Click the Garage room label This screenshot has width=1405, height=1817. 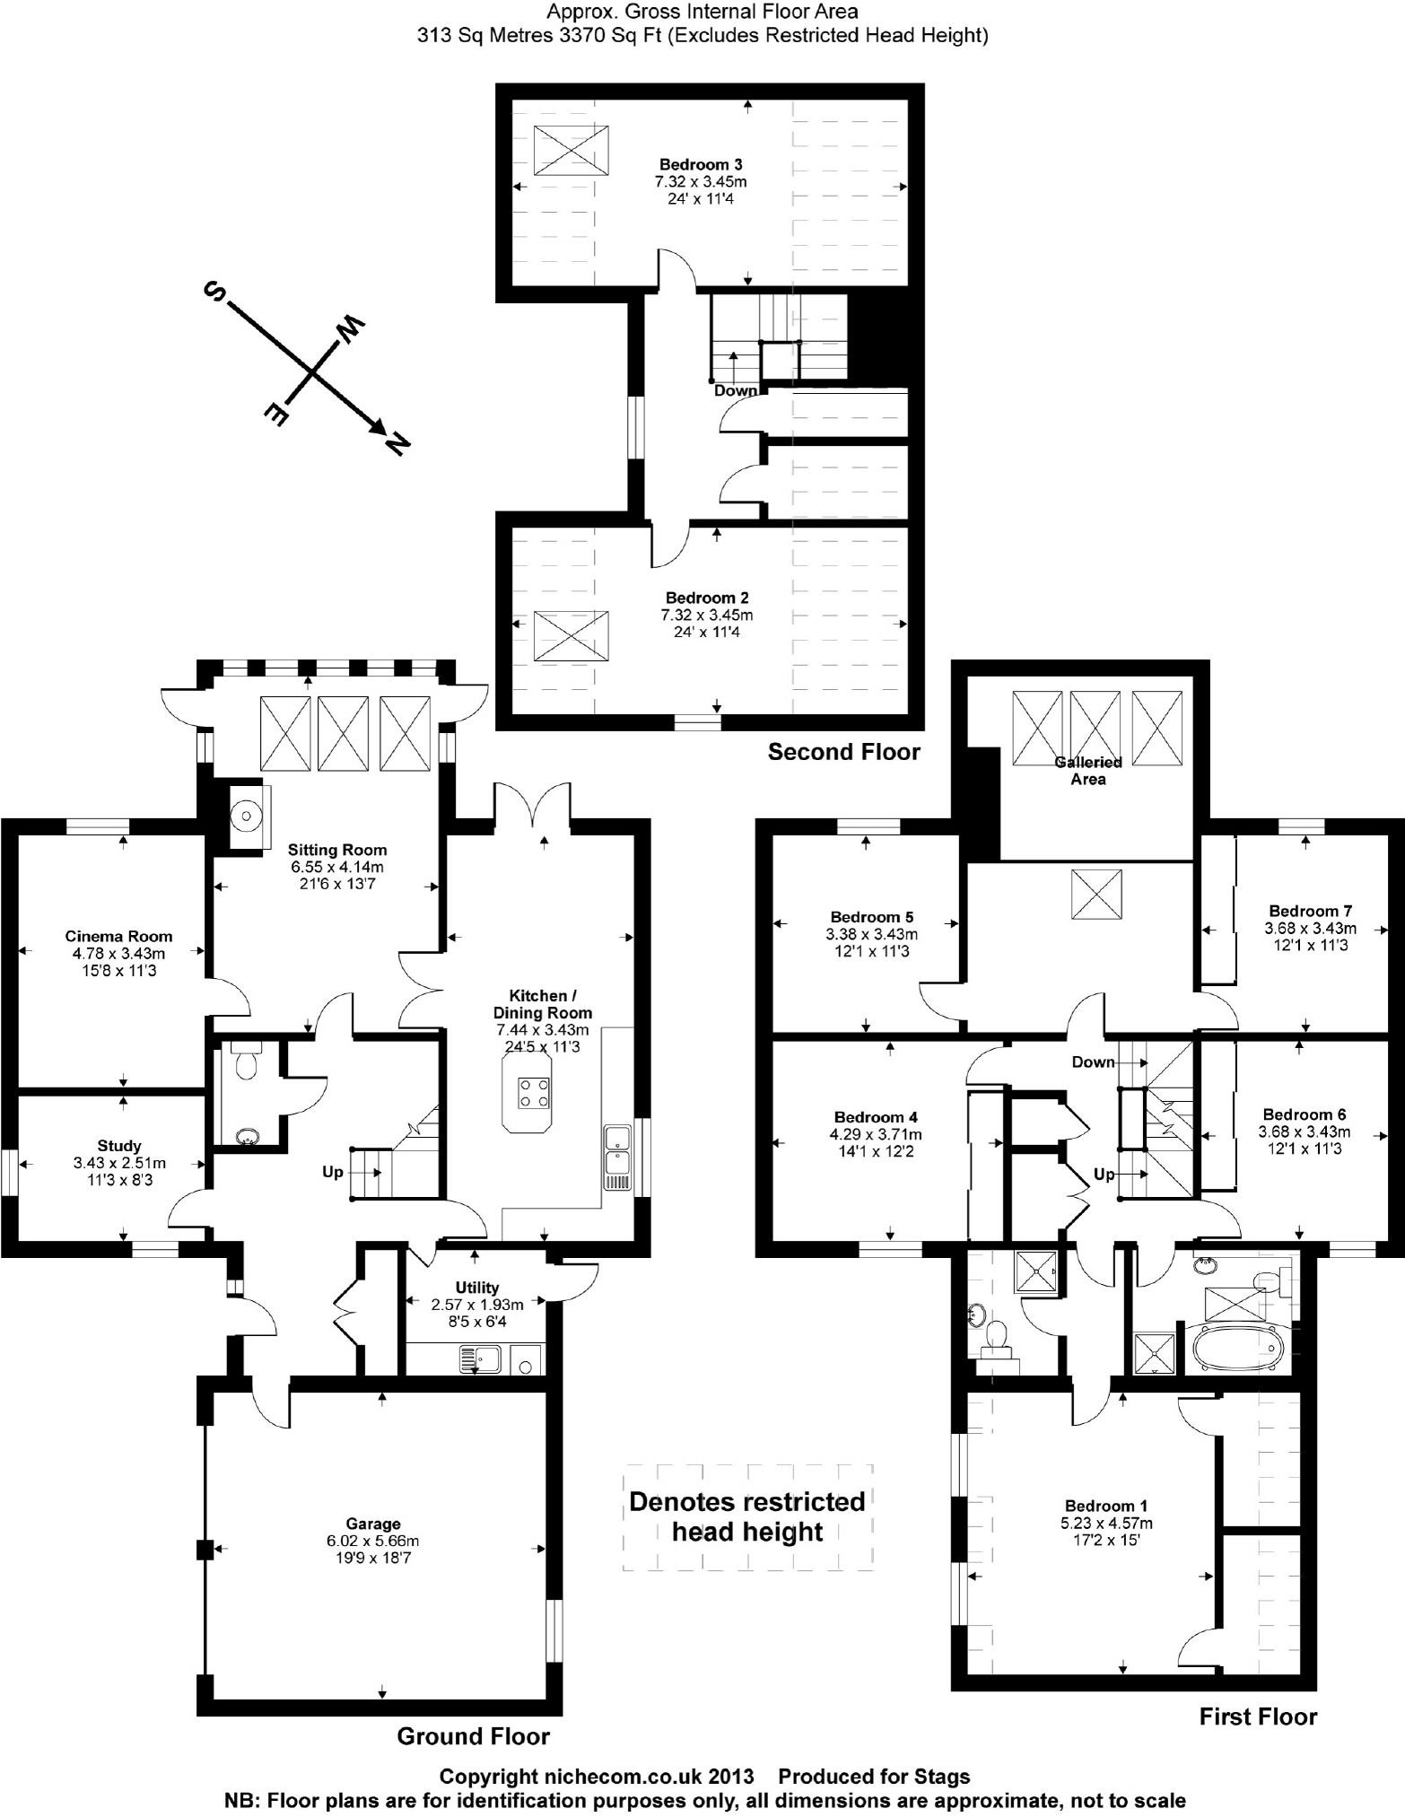click(373, 1523)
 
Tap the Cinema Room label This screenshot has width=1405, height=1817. click(118, 936)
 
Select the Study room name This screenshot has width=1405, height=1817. click(119, 1145)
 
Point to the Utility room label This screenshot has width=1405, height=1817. click(476, 1288)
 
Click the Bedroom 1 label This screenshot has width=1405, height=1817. click(1105, 1506)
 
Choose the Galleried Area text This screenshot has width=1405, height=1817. click(1087, 771)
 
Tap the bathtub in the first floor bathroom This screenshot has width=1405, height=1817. click(1236, 1349)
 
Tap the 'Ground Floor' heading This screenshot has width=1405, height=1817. click(473, 1735)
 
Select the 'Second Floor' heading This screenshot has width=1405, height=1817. click(843, 752)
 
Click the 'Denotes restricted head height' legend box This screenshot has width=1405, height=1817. click(747, 1516)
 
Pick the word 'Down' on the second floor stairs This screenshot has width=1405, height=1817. click(736, 390)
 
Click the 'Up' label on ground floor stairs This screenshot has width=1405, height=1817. click(332, 1172)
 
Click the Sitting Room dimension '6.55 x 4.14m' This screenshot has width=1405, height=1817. click(337, 867)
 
